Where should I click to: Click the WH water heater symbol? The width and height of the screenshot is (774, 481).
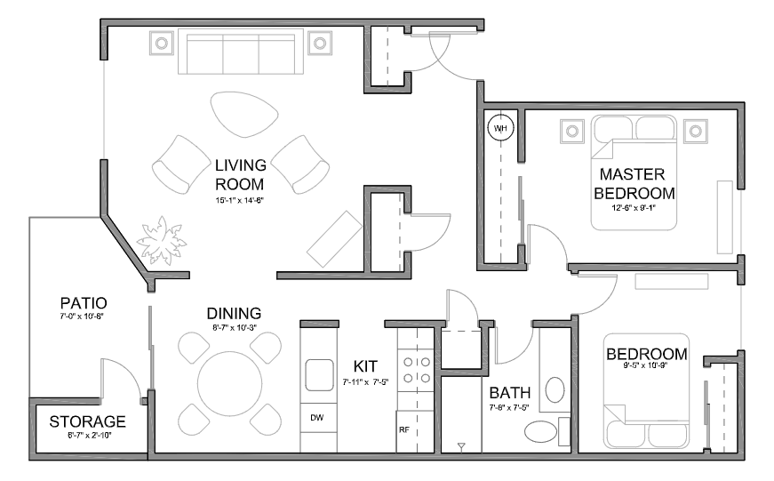point(500,128)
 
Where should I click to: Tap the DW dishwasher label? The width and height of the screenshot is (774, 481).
point(317,418)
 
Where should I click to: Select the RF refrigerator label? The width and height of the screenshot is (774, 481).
point(404,429)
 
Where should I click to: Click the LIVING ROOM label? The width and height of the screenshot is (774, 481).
point(241,174)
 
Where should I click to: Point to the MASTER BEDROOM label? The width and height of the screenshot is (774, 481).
point(634,184)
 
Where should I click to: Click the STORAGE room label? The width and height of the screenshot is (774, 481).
point(87,421)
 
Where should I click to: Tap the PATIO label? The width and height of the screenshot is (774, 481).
point(84,302)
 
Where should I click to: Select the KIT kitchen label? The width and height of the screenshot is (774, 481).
point(365,366)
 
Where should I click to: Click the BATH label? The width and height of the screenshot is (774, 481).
point(510,393)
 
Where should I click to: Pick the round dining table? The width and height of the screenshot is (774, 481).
point(230,384)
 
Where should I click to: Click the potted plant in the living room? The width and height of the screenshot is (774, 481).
point(161,240)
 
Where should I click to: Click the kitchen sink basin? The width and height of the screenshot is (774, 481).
point(319,375)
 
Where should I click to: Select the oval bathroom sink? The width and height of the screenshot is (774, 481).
point(555,390)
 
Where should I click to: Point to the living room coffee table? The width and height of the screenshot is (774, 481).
point(244,114)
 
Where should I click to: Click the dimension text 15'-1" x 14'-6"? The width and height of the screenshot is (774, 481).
point(240,201)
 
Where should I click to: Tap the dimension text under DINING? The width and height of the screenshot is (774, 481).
point(235,327)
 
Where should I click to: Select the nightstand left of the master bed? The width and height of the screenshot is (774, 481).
point(572,131)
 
